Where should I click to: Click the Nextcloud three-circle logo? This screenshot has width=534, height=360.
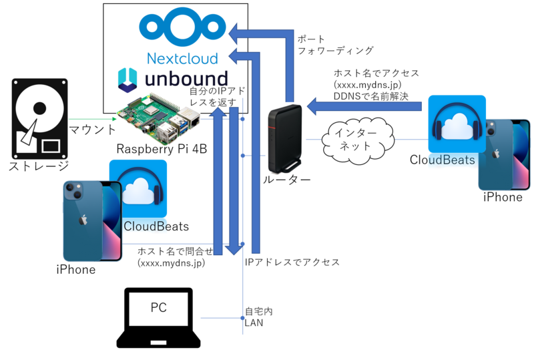point(182,28)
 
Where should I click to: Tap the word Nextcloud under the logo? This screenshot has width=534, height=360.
point(182,59)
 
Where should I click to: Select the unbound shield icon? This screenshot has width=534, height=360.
point(127,80)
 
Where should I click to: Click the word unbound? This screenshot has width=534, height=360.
point(186,79)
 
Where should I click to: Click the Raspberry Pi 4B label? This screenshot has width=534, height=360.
point(162,149)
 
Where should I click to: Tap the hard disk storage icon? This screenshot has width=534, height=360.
point(39,119)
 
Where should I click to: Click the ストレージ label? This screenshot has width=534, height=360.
point(39,166)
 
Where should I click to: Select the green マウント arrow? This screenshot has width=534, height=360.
point(93,119)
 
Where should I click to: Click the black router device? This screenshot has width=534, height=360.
point(285,139)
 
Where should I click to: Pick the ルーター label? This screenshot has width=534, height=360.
point(287,180)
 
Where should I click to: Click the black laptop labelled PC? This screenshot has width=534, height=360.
point(159,318)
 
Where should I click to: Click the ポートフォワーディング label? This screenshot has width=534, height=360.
point(336,45)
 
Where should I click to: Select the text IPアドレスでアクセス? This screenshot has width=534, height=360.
point(292,262)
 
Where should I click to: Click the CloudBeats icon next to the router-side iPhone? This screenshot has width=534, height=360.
point(457,124)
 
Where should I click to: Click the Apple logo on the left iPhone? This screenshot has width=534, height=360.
point(83,220)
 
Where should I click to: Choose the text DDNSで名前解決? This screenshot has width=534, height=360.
point(371,96)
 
